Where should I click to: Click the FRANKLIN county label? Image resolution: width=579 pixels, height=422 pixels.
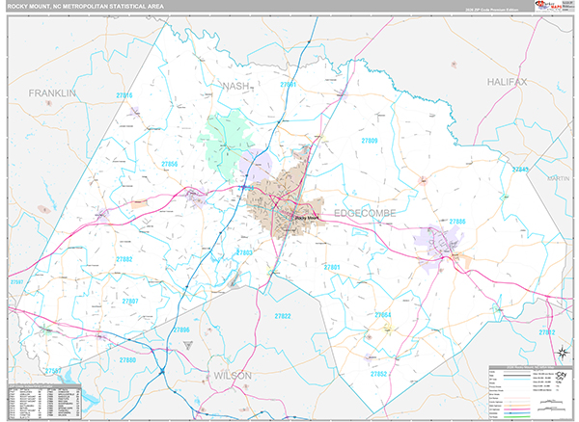tap(51, 92)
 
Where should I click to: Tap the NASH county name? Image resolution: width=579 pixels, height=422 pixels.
tap(236, 86)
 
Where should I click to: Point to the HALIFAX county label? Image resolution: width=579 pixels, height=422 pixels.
tap(508, 82)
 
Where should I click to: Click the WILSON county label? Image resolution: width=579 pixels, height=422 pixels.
tap(233, 374)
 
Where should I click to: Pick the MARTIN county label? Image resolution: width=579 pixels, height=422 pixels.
tap(558, 178)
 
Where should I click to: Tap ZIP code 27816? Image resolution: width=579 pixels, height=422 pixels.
tap(124, 95)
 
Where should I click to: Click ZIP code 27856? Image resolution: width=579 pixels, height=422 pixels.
tap(170, 165)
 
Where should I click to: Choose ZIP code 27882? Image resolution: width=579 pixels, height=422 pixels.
tap(124, 259)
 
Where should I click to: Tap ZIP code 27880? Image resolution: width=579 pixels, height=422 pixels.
tap(128, 359)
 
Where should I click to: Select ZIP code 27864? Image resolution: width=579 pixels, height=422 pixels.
tap(382, 315)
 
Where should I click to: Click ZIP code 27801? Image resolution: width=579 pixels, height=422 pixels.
tap(332, 266)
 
